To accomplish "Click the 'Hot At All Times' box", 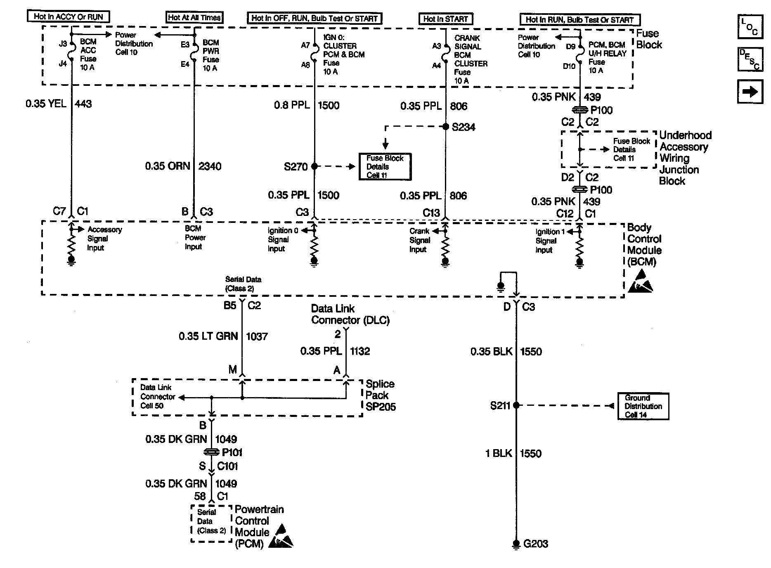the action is click(x=194, y=17).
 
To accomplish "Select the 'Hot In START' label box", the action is click(x=445, y=19).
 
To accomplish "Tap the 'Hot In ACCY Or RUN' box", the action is click(x=69, y=17).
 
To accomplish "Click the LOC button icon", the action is click(x=750, y=27).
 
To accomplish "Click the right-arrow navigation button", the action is click(x=750, y=91).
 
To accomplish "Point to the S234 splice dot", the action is click(x=445, y=127).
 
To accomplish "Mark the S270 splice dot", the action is click(x=315, y=166).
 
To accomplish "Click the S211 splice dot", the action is click(x=516, y=406).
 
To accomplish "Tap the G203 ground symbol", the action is click(x=516, y=544).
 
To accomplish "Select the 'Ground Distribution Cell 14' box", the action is click(x=643, y=406).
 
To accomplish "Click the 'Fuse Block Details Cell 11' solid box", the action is click(x=385, y=167).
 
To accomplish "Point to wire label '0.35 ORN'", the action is click(x=167, y=166).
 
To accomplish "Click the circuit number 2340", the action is click(x=210, y=166).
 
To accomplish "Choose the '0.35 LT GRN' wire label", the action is click(x=208, y=336).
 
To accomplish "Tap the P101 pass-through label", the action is click(x=232, y=452).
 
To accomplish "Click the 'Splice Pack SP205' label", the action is click(x=380, y=395).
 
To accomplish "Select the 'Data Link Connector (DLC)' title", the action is click(x=350, y=314).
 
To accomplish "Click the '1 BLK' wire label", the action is click(x=498, y=453).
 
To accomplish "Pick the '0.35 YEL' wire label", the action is click(x=46, y=104).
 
